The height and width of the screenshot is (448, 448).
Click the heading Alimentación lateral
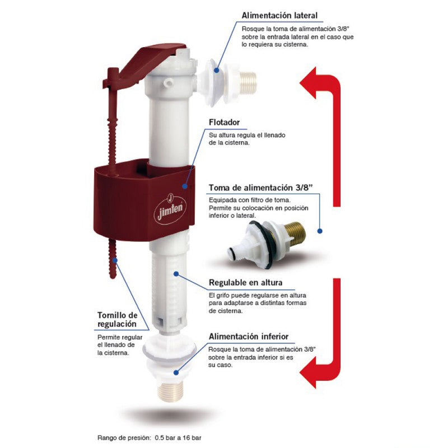pyautogui.click(x=279, y=16)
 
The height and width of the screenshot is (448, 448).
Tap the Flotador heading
pyautogui.click(x=225, y=122)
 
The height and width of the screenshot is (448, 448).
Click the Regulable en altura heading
pyautogui.click(x=246, y=283)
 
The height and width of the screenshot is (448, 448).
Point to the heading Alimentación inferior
pyautogui.click(x=249, y=337)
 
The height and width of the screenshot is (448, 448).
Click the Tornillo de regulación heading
pyautogui.click(x=118, y=319)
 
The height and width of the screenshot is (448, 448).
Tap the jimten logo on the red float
pyautogui.click(x=170, y=208)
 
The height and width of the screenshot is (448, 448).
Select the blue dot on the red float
pyautogui.click(x=185, y=186)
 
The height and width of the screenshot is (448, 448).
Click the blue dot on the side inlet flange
pyautogui.click(x=217, y=70)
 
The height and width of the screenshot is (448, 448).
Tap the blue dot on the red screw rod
pyautogui.click(x=115, y=260)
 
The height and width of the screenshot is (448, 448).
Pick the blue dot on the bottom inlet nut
pyautogui.click(x=176, y=372)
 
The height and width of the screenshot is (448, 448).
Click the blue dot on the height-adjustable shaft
pyautogui.click(x=176, y=274)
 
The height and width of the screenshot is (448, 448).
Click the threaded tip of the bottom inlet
pyautogui.click(x=171, y=391)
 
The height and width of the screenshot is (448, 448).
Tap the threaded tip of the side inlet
pyautogui.click(x=248, y=83)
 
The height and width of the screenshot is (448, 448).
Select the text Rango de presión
pyautogui.click(x=123, y=437)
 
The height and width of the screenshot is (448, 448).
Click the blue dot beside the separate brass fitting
pyautogui.click(x=320, y=231)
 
